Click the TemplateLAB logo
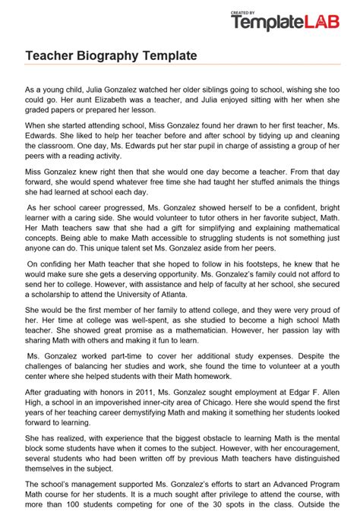[292, 24]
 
